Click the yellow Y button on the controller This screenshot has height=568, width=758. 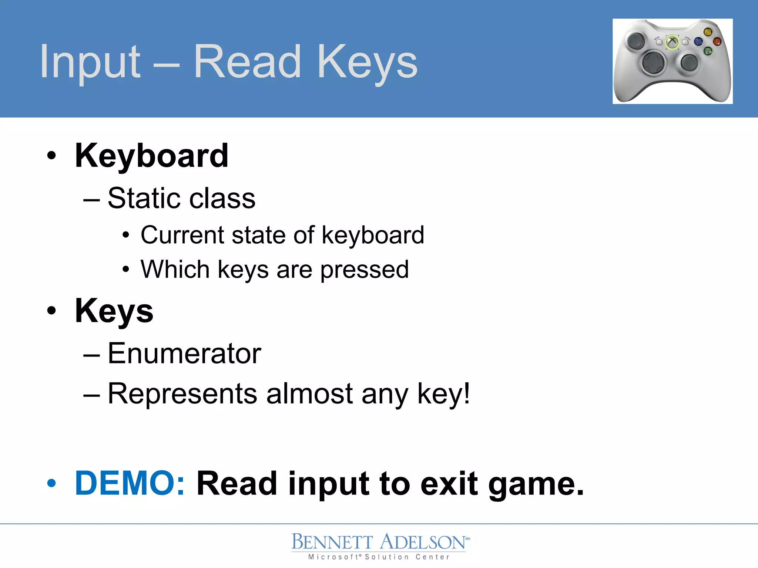tap(708, 32)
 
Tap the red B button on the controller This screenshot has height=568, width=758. tap(717, 41)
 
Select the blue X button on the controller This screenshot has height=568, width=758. tap(698, 41)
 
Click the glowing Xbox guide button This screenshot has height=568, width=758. tap(672, 42)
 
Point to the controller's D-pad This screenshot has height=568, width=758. tap(654, 63)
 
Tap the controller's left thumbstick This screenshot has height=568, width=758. tap(636, 40)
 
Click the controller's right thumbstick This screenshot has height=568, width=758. tap(689, 62)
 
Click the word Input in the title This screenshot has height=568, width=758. tap(90, 62)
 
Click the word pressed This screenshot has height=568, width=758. tap(365, 270)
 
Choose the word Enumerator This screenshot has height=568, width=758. tap(184, 354)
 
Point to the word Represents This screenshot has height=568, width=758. tap(182, 393)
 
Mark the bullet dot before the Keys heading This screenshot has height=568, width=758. tap(52, 311)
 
